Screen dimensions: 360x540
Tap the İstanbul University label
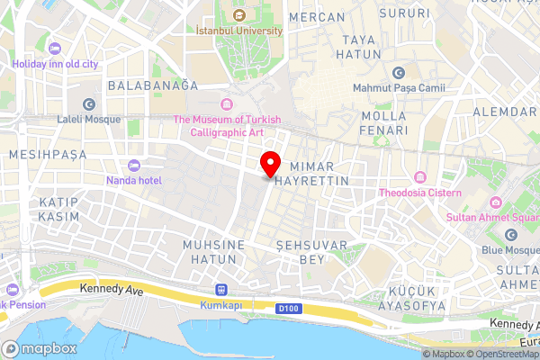click(x=239, y=30)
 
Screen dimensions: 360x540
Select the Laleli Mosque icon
click(x=88, y=105)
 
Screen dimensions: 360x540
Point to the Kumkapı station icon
click(x=221, y=290)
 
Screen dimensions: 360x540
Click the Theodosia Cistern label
click(x=419, y=193)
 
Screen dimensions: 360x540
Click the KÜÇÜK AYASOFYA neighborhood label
click(x=416, y=299)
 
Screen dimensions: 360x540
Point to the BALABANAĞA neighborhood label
click(x=152, y=85)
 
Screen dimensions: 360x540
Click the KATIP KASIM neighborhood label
click(x=58, y=209)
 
